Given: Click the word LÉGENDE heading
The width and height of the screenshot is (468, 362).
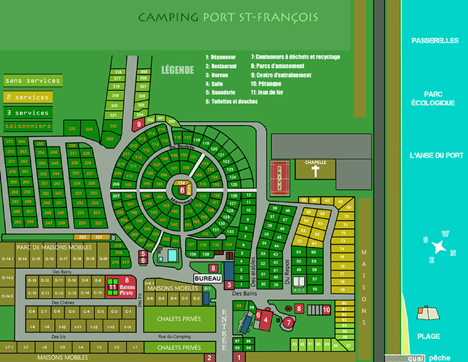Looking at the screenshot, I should point(178,70).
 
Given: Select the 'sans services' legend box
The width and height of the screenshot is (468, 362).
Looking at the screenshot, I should point(33,81).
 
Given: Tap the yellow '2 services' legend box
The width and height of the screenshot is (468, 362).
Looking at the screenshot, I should point(28,97).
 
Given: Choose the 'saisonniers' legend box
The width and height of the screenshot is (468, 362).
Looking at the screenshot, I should point(28,126).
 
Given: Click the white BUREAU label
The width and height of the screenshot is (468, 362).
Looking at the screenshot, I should point(208,278).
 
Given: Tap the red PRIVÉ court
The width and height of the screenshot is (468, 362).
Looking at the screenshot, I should point(279,178).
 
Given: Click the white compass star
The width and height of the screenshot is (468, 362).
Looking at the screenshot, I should point(439,247).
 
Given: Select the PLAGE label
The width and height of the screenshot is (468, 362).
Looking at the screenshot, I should point(428,336).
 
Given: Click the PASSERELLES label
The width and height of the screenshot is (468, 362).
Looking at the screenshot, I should point(435,41).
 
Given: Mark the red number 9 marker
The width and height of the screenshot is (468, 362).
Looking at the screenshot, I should point(139,124).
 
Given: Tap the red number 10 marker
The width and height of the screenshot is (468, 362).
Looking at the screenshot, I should point(326,310).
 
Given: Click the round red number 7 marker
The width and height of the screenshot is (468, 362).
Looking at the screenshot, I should point(289,323).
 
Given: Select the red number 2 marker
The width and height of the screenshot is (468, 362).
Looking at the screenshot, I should point(209,358).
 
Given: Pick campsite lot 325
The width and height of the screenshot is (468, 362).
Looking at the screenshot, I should point(72,129).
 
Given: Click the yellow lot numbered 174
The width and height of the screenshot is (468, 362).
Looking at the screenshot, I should point(181,183).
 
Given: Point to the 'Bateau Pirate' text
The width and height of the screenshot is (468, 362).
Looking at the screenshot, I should point(127,290).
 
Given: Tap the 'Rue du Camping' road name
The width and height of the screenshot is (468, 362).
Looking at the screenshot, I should point(174,336).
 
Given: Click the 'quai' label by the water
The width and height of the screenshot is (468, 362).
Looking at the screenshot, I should point(416,358).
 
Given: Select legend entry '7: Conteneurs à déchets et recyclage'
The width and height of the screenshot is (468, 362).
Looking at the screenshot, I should point(295,57).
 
